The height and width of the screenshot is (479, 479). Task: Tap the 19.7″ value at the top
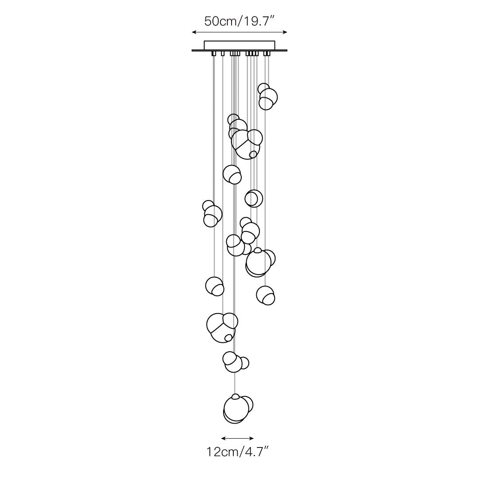tap(257, 21)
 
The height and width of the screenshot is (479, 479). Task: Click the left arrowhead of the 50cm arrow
tap(194, 32)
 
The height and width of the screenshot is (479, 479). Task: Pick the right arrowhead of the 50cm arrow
tap(285, 32)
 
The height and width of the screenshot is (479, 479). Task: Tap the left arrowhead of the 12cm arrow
tap(223, 438)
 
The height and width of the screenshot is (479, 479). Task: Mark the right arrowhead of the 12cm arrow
tap(252, 438)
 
